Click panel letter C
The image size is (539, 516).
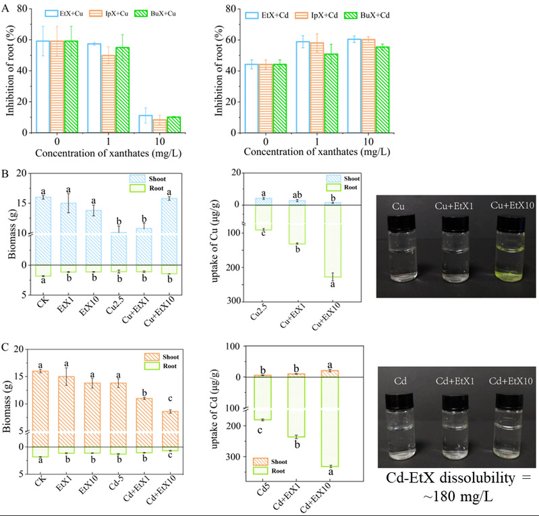6,350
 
